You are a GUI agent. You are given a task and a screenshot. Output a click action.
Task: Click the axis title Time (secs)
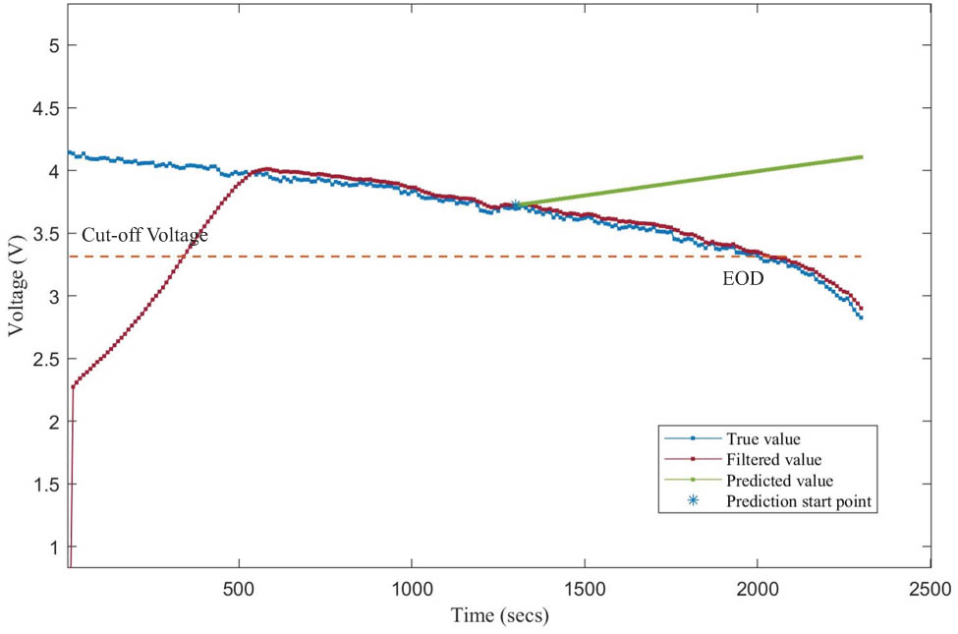tap(499, 616)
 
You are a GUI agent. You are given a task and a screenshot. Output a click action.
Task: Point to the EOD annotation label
tap(744, 279)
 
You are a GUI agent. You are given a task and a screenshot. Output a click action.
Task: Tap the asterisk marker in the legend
tap(693, 501)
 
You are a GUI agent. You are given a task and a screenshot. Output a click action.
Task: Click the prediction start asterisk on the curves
tap(515, 205)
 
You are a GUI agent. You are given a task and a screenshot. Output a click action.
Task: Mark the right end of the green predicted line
tap(862, 156)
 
